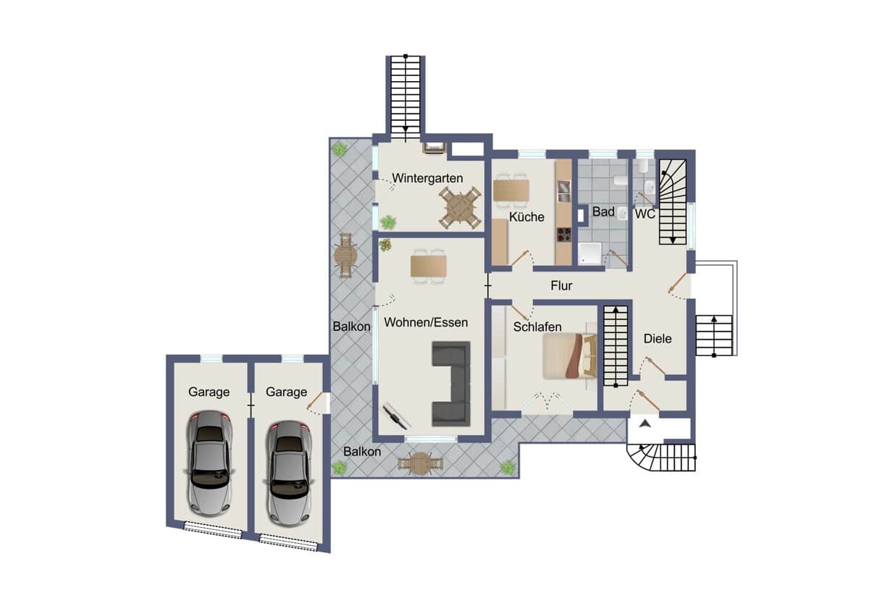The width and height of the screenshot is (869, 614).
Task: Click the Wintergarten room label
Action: click(427, 178)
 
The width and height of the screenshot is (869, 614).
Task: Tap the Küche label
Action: click(526, 216)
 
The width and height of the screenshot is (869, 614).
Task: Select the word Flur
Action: click(561, 286)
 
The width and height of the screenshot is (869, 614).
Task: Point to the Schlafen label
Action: click(537, 327)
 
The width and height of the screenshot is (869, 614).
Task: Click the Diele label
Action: click(658, 339)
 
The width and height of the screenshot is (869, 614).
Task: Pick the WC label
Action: click(645, 214)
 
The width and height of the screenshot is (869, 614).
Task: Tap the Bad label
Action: click(603, 211)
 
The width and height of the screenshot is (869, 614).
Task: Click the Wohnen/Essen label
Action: click(426, 322)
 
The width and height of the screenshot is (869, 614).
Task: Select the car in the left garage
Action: click(210, 463)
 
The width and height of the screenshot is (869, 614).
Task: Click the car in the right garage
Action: click(288, 474)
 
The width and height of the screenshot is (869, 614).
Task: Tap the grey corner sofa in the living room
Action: click(451, 384)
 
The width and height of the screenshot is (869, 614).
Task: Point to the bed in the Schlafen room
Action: click(569, 356)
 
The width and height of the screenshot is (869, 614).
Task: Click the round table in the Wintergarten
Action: click(460, 207)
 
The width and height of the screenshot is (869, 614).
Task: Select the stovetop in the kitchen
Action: click(564, 235)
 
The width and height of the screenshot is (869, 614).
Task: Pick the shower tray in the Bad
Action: click(589, 253)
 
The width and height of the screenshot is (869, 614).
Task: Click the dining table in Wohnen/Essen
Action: click(429, 266)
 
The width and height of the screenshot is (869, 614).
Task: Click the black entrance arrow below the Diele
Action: click(645, 424)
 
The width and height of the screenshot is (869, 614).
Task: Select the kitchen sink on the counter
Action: click(564, 192)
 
